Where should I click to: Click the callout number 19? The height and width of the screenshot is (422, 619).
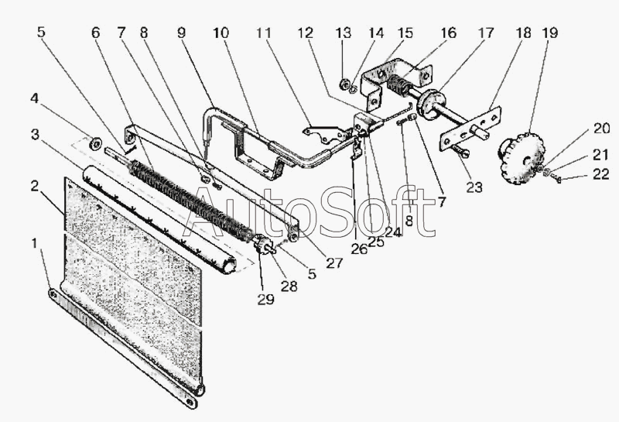549,33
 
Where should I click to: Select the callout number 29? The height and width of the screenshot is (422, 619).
266,300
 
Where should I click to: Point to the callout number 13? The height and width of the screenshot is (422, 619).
344,33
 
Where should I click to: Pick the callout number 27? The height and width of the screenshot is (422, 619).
334,262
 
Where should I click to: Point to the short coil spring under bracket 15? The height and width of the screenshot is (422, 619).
401,85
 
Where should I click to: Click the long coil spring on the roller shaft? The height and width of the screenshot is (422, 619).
193,195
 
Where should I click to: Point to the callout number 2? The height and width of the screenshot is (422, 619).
34,186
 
